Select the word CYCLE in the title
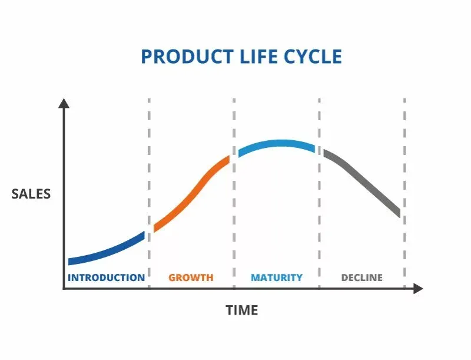tap(313, 57)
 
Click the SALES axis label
tap(31, 194)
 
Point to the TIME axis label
tap(242, 310)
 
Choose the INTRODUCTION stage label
tap(106, 278)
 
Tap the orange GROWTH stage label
tap(191, 278)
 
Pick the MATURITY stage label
tap(276, 278)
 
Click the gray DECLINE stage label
tap(361, 278)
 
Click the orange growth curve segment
tap(191, 194)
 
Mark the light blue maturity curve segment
tap(277, 144)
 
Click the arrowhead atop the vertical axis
tap(64, 103)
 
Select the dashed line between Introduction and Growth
tap(149, 177)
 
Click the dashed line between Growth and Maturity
tap(234, 224)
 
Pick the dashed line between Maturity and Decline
tap(320, 224)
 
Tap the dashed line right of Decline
tap(404, 177)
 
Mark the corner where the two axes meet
tap(64, 289)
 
